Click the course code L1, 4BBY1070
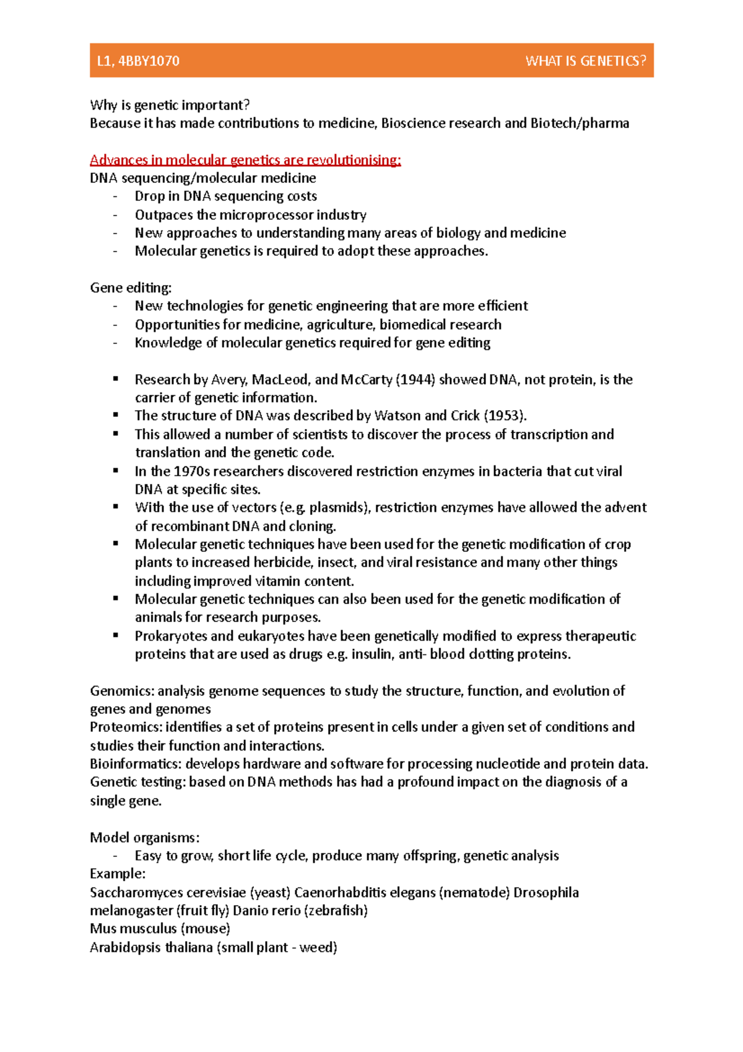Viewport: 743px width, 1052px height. click(138, 61)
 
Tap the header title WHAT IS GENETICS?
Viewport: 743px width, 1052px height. click(585, 61)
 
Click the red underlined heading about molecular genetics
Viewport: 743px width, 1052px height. click(245, 160)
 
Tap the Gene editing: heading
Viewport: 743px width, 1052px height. click(131, 287)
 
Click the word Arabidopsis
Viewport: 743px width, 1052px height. click(125, 947)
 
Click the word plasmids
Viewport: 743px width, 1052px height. click(338, 507)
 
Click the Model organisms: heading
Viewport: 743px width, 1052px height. click(144, 838)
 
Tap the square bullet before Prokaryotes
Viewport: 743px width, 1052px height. click(116, 635)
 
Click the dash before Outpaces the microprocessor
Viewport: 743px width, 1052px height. click(115, 215)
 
